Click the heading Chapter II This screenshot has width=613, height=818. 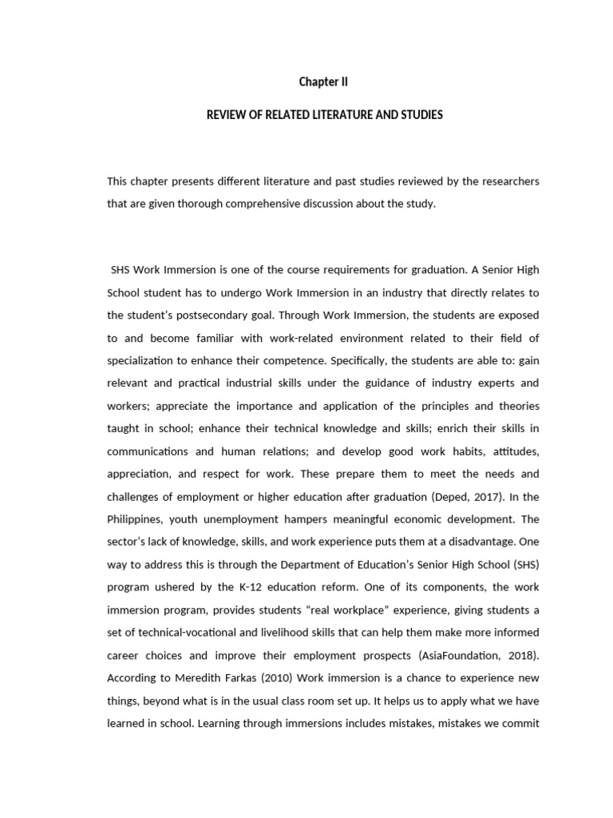(x=323, y=81)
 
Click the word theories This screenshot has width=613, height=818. (x=515, y=405)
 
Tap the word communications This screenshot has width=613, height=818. (x=148, y=451)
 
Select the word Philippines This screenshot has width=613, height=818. (x=136, y=518)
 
